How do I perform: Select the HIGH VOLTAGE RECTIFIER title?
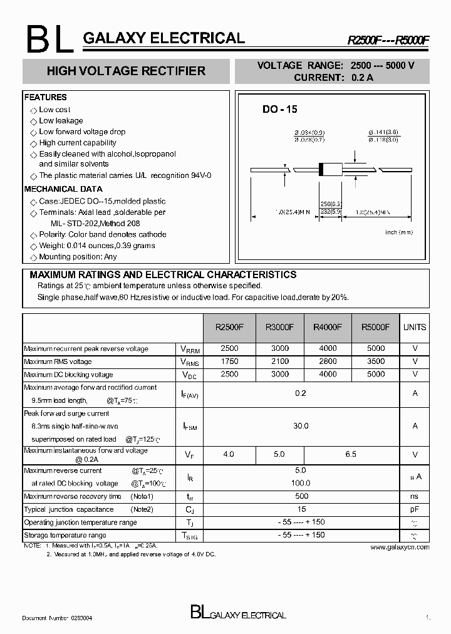[126, 71]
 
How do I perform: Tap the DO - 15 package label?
[279, 109]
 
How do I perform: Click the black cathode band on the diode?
[322, 169]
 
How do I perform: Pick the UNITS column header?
[414, 327]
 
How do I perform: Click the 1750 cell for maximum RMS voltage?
[229, 361]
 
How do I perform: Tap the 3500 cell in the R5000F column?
[375, 361]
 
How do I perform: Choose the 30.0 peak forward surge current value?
[301, 426]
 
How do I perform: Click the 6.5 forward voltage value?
[350, 454]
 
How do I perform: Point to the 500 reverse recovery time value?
[301, 496]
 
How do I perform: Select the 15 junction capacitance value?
[301, 509]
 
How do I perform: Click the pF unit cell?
[414, 509]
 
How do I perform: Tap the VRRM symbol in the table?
[189, 349]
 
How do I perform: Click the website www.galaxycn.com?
[400, 547]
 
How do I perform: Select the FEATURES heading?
[45, 97]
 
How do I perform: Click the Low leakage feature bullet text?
[61, 121]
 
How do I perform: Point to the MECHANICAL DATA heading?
[63, 189]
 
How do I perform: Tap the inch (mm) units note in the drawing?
[398, 232]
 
